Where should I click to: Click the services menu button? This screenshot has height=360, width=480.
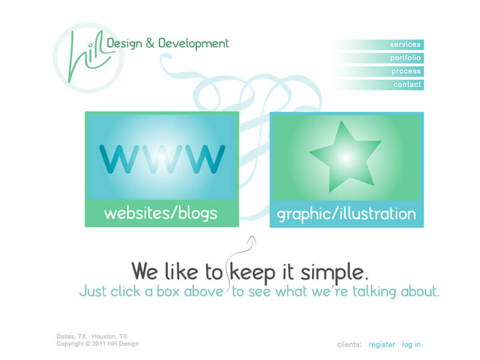[380, 44]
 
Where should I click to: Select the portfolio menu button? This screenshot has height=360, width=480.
[380, 58]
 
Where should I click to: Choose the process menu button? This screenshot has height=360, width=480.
[380, 71]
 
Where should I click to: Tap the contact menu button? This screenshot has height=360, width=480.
[380, 85]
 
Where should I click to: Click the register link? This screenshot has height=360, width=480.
[382, 344]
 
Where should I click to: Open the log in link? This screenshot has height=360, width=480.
[411, 344]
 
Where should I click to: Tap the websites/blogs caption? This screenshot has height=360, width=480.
[161, 214]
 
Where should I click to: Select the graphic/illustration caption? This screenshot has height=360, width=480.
[347, 214]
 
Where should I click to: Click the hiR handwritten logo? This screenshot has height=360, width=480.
[89, 57]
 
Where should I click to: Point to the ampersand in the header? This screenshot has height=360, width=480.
[150, 43]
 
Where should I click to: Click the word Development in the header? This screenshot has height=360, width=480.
[193, 43]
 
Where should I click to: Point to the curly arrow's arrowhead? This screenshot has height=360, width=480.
[252, 239]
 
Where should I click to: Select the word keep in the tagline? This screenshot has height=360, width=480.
[253, 272]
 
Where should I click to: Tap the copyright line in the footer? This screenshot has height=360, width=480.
[98, 344]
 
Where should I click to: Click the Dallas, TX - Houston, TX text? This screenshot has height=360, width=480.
[92, 337]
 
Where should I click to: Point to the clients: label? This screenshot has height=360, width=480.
[349, 344]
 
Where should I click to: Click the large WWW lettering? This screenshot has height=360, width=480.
[162, 159]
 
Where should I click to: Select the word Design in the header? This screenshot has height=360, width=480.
[124, 43]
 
